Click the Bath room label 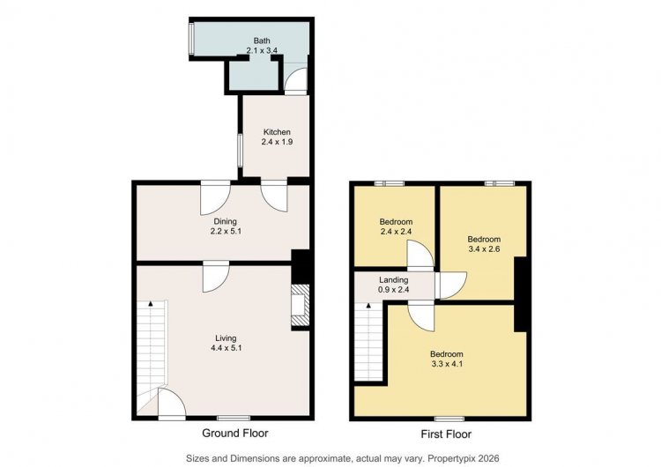coord(262,41)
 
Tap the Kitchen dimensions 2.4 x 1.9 coord(277,142)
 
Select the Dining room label coord(225,221)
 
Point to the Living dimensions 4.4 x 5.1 coord(226,348)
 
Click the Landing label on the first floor coord(394,280)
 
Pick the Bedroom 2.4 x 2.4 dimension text coord(396,232)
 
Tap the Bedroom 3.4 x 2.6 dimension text coord(484,249)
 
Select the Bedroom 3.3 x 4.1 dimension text coord(447,364)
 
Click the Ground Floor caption coord(235,434)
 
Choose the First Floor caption coord(446,434)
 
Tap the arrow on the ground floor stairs coord(150,303)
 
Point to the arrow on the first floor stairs coord(369,306)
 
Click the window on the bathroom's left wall coord(191,39)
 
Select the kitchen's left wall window coord(240,151)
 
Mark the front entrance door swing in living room coord(172,404)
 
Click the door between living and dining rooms coord(216,277)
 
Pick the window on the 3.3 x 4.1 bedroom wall coord(449,419)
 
